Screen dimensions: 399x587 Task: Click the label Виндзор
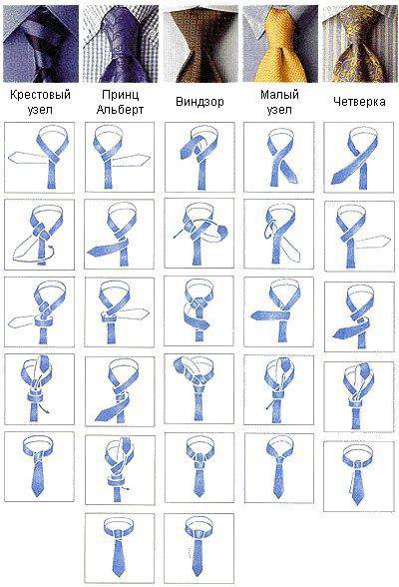(199, 102)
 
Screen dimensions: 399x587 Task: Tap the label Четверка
(359, 102)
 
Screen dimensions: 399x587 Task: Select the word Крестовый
(40, 94)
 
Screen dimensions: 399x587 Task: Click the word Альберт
(120, 110)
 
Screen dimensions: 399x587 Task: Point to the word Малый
(279, 94)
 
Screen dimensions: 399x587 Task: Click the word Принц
(120, 94)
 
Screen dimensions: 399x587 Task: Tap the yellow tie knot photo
(280, 44)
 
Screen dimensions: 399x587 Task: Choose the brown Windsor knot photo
(200, 45)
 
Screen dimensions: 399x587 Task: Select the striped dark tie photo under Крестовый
(41, 44)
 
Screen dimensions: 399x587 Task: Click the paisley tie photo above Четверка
(359, 44)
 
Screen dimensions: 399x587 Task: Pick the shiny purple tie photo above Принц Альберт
(121, 44)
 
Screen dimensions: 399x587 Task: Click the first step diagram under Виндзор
(199, 158)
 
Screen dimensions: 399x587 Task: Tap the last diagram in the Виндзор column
(199, 548)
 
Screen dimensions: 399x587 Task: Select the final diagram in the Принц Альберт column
(120, 548)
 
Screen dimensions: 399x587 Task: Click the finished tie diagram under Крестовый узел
(39, 466)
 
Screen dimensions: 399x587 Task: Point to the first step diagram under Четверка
(359, 158)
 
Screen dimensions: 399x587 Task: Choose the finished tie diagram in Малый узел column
(279, 468)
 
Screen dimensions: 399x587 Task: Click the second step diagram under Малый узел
(278, 234)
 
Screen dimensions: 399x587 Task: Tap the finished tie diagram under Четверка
(359, 476)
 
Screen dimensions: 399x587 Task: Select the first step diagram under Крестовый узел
(39, 158)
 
